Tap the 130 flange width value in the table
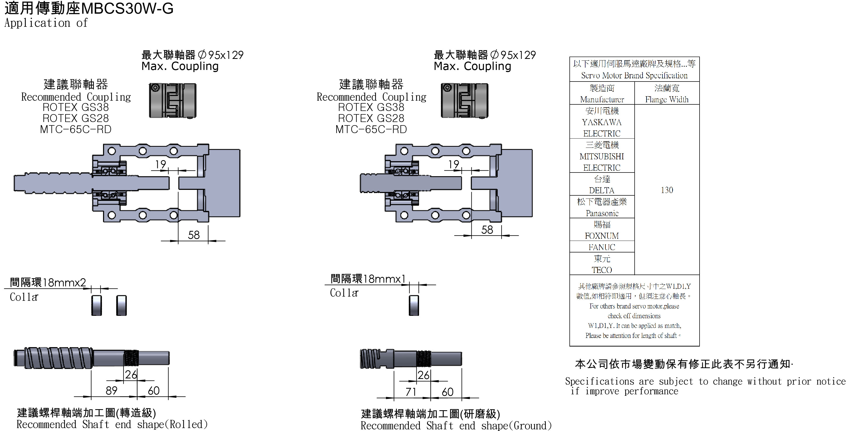pyautogui.click(x=667, y=190)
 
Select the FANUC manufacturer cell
pyautogui.click(x=602, y=247)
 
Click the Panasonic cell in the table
pyautogui.click(x=602, y=213)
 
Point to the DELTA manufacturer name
pyautogui.click(x=602, y=190)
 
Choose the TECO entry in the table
pyautogui.click(x=602, y=270)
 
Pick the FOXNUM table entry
pyautogui.click(x=602, y=236)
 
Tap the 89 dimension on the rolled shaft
pyautogui.click(x=111, y=390)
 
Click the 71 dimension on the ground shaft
pyautogui.click(x=411, y=392)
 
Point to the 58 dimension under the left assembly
pyautogui.click(x=193, y=235)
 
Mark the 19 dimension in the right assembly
pyautogui.click(x=453, y=164)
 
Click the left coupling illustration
pyautogui.click(x=173, y=100)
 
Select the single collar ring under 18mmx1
pyautogui.click(x=414, y=306)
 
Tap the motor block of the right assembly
pyautogui.click(x=517, y=183)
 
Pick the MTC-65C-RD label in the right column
pyautogui.click(x=371, y=129)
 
